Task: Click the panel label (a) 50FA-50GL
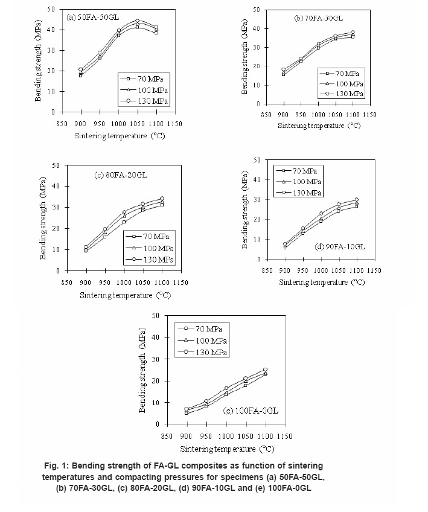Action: pos(89,17)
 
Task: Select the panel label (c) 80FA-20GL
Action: pos(120,175)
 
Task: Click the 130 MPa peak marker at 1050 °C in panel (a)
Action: pos(137,21)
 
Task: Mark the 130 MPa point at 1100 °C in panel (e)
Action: pos(265,370)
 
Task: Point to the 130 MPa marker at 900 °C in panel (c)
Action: pos(86,246)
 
